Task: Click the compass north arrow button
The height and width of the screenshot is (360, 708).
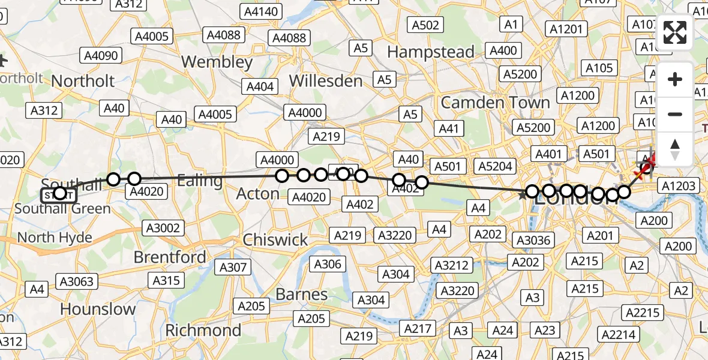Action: [x=675, y=149]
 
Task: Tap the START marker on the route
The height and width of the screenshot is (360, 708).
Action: [x=59, y=194]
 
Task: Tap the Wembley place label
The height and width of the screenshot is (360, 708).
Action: [x=217, y=62]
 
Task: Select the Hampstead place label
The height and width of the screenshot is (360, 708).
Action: [x=430, y=52]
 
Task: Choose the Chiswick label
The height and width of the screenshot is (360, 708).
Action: [x=275, y=240]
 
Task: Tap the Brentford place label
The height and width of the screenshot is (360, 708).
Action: [x=169, y=257]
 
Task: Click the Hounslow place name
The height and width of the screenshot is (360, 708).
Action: [x=98, y=310]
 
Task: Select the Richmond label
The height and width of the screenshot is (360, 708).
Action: [x=203, y=330]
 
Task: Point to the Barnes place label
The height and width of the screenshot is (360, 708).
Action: [x=302, y=295]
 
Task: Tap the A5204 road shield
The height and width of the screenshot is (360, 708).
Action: [x=494, y=166]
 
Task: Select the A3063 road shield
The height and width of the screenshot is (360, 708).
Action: [x=76, y=280]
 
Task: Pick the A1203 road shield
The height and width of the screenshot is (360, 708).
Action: [x=679, y=185]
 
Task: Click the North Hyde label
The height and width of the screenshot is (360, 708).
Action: [x=55, y=238]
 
